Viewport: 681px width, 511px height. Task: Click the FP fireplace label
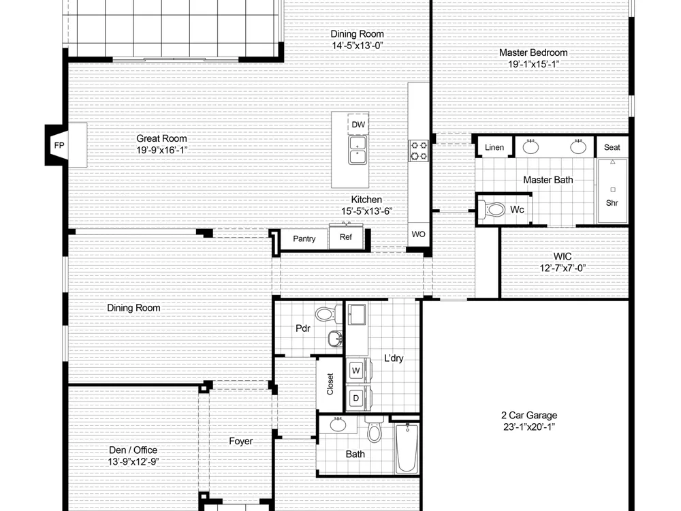(x=59, y=145)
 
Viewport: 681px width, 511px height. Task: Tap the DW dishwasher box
(x=358, y=124)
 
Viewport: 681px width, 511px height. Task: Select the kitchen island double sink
(x=358, y=150)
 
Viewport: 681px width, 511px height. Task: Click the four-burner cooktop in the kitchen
(x=419, y=151)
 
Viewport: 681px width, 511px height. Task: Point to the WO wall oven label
(x=418, y=234)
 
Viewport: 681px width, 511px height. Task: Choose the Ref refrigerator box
(x=346, y=236)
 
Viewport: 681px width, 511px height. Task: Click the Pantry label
(x=304, y=238)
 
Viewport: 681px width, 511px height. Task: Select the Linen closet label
(x=494, y=147)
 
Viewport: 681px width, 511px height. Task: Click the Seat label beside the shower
(x=612, y=147)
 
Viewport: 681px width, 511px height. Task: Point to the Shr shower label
(x=612, y=203)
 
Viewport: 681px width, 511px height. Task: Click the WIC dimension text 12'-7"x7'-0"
(x=563, y=268)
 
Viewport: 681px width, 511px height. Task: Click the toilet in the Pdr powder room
(x=329, y=313)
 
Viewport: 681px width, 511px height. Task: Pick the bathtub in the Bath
(x=407, y=448)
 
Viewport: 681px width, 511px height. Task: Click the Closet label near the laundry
(x=330, y=384)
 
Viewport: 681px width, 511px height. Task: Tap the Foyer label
(x=240, y=442)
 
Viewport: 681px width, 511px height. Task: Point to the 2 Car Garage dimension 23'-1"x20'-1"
(x=529, y=427)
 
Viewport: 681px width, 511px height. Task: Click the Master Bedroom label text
(x=533, y=52)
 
